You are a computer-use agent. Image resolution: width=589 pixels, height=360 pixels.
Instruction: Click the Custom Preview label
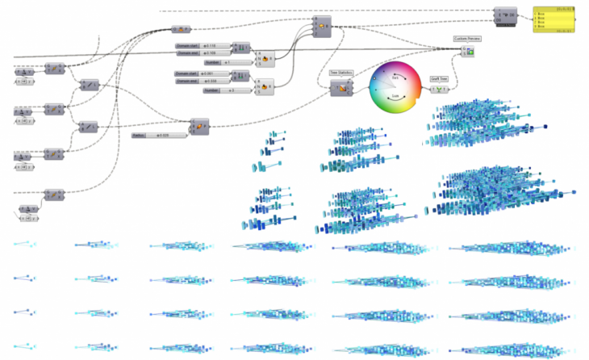tap(467, 38)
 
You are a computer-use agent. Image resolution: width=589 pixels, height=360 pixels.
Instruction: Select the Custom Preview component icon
tap(468, 51)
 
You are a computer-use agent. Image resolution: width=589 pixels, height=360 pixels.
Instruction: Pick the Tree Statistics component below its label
tap(341, 88)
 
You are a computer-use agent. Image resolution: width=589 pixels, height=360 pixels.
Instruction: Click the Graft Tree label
tap(440, 79)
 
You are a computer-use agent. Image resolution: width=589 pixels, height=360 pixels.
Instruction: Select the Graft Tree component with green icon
tap(440, 89)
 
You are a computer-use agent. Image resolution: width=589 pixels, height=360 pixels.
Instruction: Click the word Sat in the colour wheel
tap(395, 77)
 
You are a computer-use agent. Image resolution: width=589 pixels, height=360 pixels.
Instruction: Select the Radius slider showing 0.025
tap(159, 136)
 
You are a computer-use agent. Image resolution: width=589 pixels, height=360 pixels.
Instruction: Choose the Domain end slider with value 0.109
tap(202, 53)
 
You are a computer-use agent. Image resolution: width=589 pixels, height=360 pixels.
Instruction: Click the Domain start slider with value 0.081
tap(202, 73)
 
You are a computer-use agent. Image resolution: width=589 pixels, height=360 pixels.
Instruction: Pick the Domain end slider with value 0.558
tap(202, 82)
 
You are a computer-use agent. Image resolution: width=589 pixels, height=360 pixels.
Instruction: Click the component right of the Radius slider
tap(198, 126)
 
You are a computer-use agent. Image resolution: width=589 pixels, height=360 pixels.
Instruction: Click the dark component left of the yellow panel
tap(506, 17)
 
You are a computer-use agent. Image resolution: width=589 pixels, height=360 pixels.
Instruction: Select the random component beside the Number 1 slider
tap(265, 59)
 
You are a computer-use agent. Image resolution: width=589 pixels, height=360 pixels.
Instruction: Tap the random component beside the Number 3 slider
tap(265, 86)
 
